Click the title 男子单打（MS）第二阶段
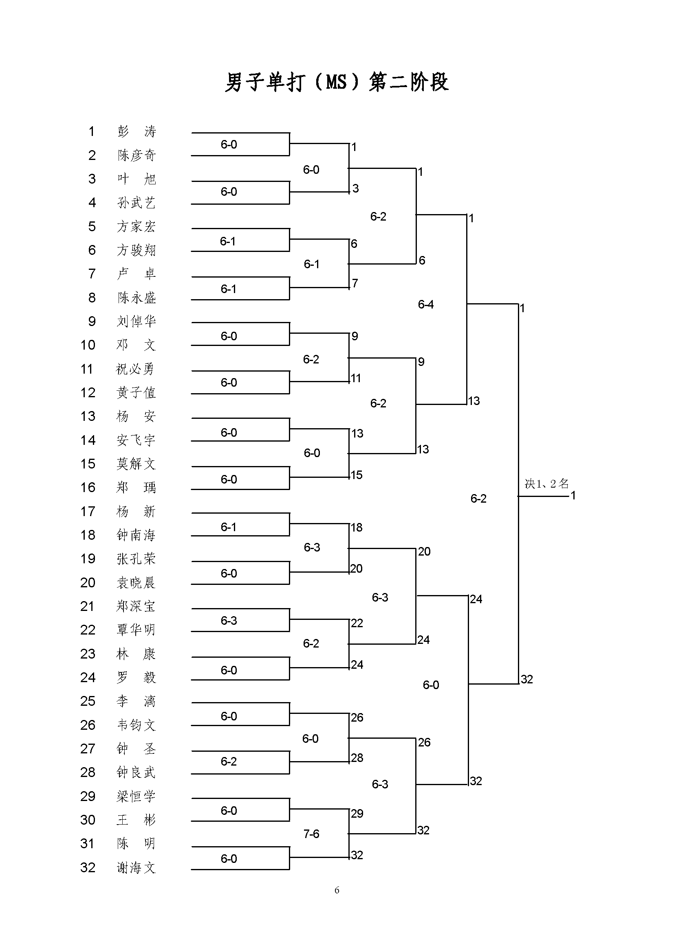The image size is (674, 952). coord(337,82)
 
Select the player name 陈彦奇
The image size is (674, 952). coord(137,155)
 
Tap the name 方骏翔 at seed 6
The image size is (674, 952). coord(137,250)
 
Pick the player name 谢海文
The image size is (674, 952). coord(137,867)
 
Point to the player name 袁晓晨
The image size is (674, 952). coord(137,582)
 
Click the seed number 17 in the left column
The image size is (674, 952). coord(88,512)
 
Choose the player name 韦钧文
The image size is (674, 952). coord(137,725)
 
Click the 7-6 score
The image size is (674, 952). coord(311,834)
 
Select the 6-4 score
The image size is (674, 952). coord(426,304)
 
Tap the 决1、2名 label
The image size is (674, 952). coord(546,484)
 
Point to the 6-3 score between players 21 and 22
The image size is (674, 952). coord(229,620)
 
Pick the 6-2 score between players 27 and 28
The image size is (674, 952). coord(229,761)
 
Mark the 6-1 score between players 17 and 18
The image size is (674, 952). coord(229,527)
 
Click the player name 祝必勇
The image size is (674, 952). coord(135,369)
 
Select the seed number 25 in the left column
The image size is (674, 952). coord(88,701)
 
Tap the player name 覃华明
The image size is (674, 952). coord(137,630)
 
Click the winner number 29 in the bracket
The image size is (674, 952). coord(357,814)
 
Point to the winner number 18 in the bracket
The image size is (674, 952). coord(357,527)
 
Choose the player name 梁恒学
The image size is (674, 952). coord(137,796)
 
